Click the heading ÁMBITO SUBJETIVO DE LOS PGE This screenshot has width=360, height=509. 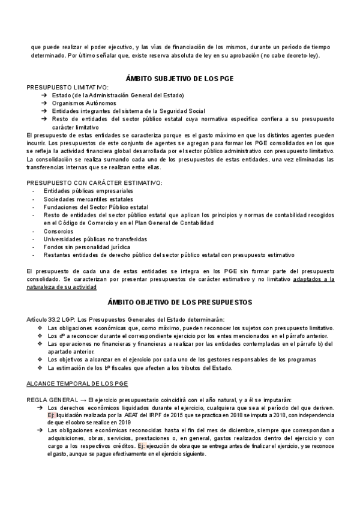179,78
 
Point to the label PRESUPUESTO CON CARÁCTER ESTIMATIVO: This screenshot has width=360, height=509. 94,182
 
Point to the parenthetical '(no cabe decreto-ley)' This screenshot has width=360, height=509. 289,55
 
